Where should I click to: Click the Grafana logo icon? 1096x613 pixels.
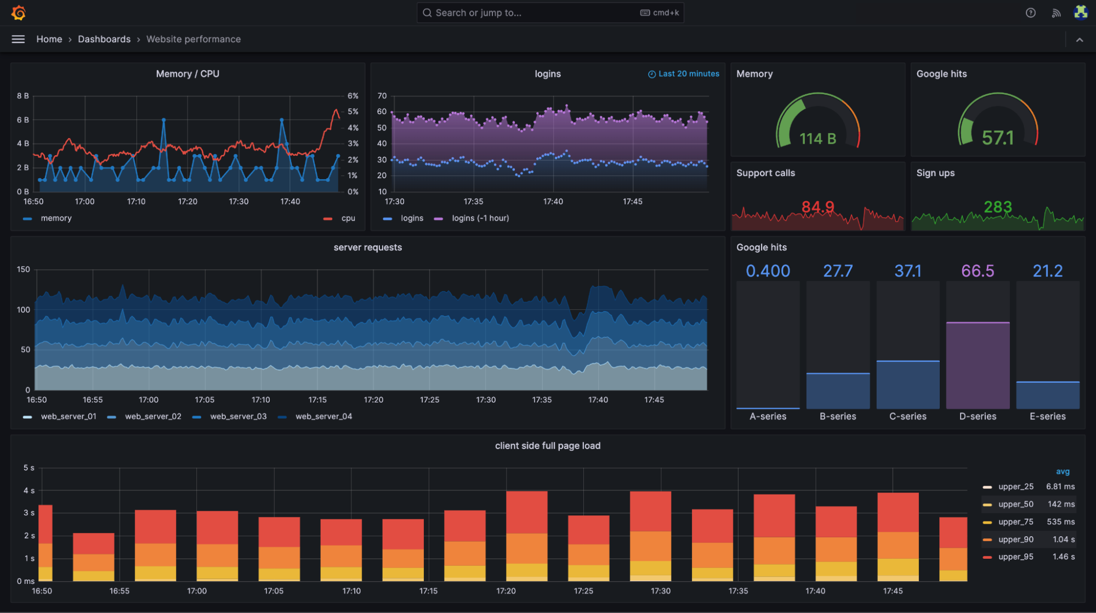(x=19, y=13)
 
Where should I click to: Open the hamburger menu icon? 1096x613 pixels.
(x=18, y=39)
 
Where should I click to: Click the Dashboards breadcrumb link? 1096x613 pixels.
(x=104, y=39)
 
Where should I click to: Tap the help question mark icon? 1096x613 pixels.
(x=1030, y=13)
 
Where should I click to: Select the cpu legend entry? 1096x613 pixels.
(x=348, y=218)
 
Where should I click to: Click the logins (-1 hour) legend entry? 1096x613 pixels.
(x=480, y=218)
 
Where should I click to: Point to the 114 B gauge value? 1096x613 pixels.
(x=817, y=138)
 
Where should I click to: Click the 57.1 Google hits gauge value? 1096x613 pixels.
(x=997, y=138)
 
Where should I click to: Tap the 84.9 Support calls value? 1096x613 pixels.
(x=817, y=207)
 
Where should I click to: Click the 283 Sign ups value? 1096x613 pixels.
(x=997, y=207)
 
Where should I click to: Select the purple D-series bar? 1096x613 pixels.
(x=978, y=365)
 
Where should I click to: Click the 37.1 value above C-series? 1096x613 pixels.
(x=907, y=271)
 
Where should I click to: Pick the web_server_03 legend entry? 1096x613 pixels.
(x=238, y=416)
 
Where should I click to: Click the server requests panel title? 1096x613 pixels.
(x=367, y=247)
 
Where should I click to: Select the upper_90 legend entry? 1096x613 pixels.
(x=1015, y=539)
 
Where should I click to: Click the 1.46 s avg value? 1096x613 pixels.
(x=1063, y=557)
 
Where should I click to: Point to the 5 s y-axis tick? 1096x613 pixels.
(x=29, y=468)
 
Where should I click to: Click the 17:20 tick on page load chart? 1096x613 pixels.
(x=506, y=591)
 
